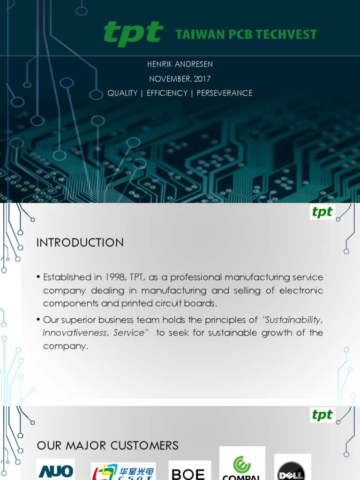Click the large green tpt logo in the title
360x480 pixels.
133,34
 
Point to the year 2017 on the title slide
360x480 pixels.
202,79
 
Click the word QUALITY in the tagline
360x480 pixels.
122,93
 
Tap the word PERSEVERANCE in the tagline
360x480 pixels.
225,93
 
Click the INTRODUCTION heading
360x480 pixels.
80,242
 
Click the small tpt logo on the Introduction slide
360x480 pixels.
322,212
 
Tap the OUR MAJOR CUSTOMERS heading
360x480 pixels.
107,445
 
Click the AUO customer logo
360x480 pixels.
56,470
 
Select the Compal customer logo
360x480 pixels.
242,464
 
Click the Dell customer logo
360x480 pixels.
292,468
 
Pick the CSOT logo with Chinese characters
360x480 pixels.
123,471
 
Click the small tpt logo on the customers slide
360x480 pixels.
322,415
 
